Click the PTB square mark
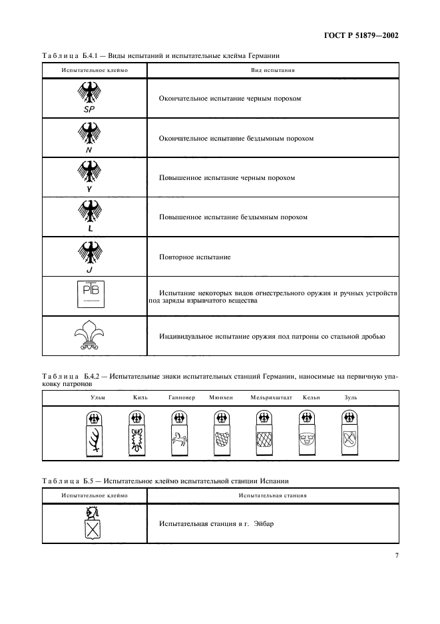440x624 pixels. pos(89,294)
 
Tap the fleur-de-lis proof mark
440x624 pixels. pos(89,336)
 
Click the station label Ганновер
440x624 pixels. pos(182,397)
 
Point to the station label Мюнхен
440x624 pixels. pos(220,397)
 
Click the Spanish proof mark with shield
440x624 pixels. pos(91,523)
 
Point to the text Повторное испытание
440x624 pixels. pos(194,257)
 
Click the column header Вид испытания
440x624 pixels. pos(274,69)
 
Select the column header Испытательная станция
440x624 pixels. pos(273,496)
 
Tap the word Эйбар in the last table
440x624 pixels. pos(263,523)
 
